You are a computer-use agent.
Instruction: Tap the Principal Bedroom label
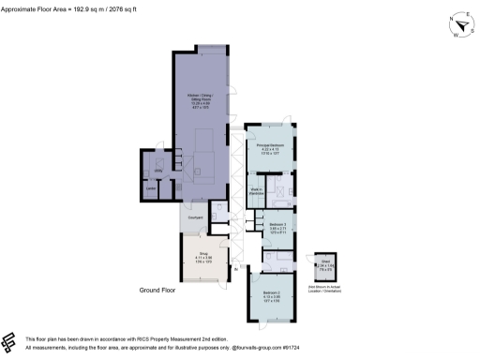coord(270,145)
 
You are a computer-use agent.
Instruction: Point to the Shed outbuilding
coord(325,267)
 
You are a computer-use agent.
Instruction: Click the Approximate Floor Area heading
coord(55,16)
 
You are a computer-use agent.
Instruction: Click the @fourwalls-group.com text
coord(231,347)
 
